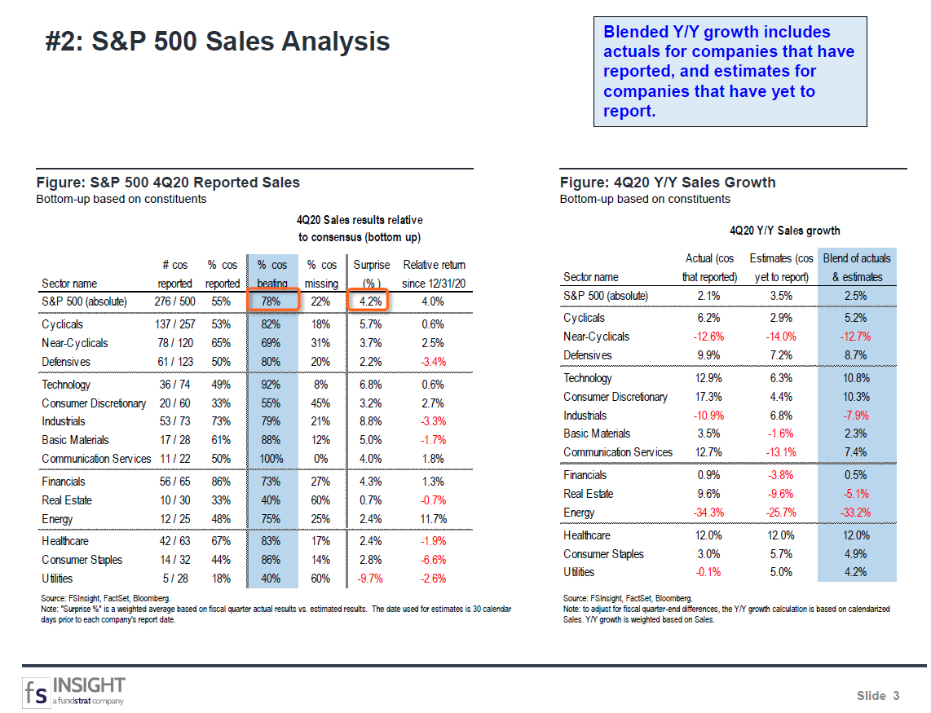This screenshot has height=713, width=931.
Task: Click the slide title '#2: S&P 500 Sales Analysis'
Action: pos(218,42)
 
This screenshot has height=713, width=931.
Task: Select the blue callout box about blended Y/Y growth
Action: pos(730,72)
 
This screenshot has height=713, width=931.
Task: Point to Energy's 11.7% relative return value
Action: pos(432,519)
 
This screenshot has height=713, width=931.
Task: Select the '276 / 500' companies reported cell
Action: pos(174,301)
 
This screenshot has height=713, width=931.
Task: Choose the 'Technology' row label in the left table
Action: pos(66,385)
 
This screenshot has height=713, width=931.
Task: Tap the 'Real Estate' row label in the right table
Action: pos(589,494)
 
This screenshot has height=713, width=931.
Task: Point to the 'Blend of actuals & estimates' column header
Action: pos(857,267)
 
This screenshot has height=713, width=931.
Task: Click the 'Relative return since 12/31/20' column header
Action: pos(435,274)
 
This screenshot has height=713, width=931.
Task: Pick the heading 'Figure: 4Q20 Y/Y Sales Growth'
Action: pos(668,182)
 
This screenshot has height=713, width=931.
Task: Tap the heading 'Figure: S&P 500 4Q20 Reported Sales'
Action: pos(168,182)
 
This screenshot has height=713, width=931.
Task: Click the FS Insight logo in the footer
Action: pos(74,690)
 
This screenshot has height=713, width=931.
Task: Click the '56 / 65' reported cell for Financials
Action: pos(174,482)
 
